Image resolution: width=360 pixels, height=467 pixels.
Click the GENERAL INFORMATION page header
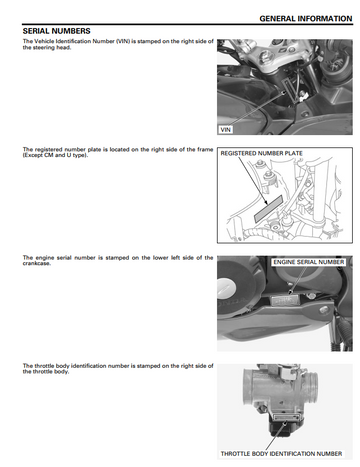pos(306,19)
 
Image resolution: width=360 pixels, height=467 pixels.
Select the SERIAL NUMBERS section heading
pos(56,31)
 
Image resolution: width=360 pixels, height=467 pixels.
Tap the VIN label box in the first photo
pos(225,130)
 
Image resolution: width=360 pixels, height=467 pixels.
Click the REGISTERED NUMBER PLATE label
pos(261,153)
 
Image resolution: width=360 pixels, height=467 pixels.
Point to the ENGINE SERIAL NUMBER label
pos(309,262)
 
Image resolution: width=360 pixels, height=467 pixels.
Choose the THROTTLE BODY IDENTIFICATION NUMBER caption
pos(281,454)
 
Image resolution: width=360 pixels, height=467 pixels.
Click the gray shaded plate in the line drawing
pos(268,209)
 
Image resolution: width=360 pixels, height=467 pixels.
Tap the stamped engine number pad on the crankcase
pos(285,301)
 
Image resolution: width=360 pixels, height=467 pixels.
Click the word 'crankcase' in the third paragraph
pos(36,264)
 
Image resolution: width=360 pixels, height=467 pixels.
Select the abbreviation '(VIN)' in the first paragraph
pos(122,41)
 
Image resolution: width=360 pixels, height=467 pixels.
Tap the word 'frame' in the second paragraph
pos(205,149)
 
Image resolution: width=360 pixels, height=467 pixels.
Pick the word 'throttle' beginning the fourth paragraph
pos(44,366)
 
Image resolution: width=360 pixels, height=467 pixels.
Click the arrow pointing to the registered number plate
pos(252,181)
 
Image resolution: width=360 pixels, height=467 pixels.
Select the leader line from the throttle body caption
pos(275,436)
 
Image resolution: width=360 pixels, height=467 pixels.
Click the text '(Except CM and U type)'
pos(55,155)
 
